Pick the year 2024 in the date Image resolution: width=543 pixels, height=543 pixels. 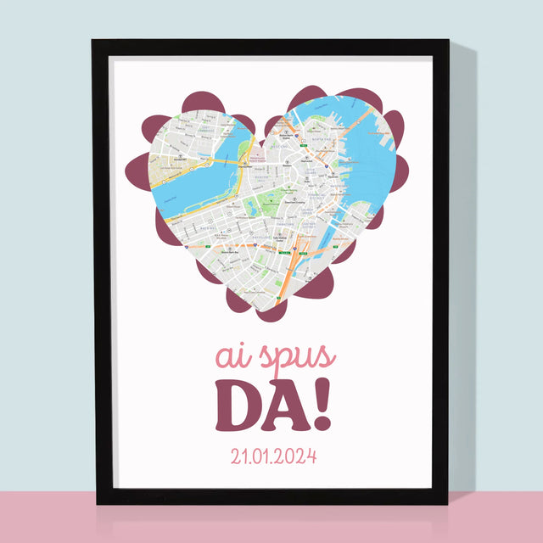tap(294, 456)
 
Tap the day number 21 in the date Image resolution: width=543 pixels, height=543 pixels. tap(227, 456)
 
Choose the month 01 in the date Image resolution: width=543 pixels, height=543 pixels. tap(255, 456)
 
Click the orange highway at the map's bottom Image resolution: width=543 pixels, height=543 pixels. tap(293, 271)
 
